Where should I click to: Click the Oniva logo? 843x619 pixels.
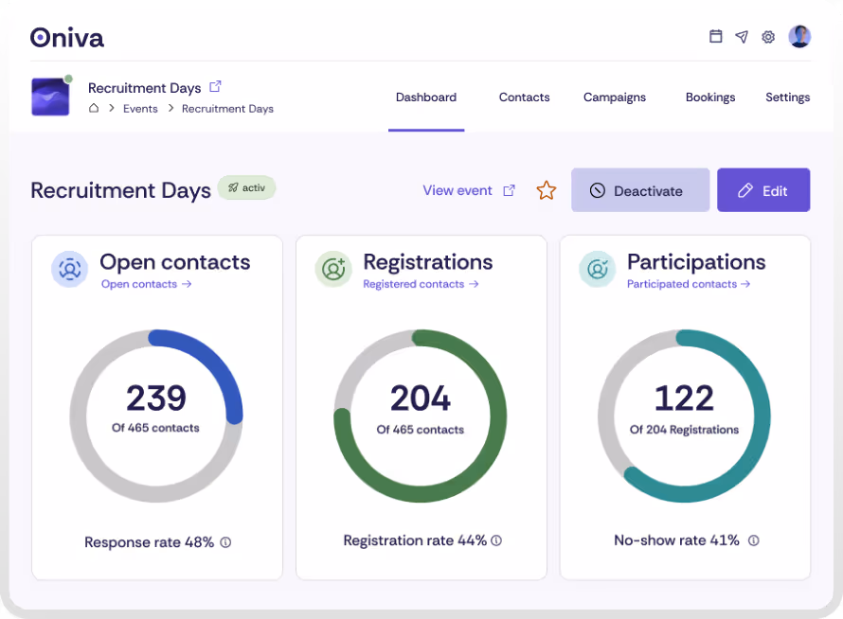(67, 37)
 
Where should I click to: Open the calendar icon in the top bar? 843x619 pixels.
(716, 37)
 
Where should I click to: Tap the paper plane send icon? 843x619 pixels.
(742, 37)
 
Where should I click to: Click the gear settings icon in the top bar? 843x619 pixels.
(768, 37)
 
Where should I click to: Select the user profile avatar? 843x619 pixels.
(799, 36)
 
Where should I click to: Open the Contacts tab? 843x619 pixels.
(524, 97)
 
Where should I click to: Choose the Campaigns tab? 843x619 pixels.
(614, 97)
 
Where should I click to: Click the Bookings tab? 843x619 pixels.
(710, 97)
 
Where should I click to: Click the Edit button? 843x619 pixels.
(762, 190)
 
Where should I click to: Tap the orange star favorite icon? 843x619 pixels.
(547, 190)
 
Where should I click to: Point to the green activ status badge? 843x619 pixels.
(246, 187)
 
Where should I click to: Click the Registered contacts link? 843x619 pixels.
(420, 284)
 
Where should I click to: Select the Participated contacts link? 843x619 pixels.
(688, 284)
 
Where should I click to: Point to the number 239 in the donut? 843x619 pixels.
(156, 398)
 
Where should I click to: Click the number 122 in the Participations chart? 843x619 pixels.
(684, 398)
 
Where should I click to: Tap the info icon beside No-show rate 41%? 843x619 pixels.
(754, 540)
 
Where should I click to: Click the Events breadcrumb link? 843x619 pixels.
(140, 109)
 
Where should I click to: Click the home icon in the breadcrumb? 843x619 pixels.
(94, 109)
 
